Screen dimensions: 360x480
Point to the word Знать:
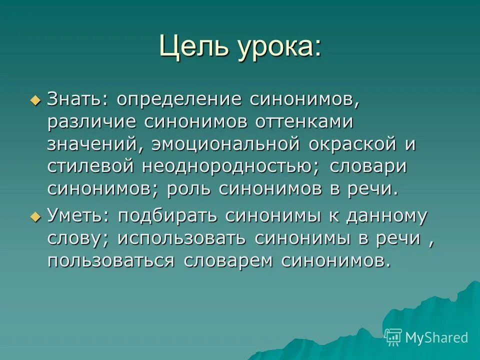(77, 99)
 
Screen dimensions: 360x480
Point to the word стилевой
(91, 167)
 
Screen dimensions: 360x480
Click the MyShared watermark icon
(393, 337)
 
